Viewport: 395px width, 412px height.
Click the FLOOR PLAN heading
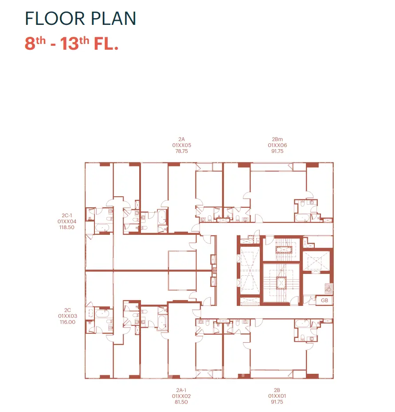click(x=80, y=18)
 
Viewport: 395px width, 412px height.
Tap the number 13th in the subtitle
click(x=75, y=43)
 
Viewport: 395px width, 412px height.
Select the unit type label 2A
click(x=181, y=139)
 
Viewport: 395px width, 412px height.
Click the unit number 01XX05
click(x=182, y=145)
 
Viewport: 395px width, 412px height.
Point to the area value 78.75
click(x=182, y=151)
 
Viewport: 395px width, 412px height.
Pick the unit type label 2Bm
click(x=277, y=139)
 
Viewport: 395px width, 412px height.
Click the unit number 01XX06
click(x=278, y=145)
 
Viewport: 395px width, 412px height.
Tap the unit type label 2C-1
click(x=67, y=215)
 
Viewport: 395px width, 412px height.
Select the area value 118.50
click(x=67, y=227)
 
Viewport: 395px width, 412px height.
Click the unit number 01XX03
click(x=67, y=316)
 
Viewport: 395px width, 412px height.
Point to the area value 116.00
click(x=67, y=322)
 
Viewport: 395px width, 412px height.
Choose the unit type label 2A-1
click(x=181, y=390)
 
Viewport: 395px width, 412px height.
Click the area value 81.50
click(x=181, y=402)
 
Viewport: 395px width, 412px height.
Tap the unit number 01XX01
click(x=277, y=396)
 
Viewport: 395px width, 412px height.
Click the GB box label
click(x=325, y=300)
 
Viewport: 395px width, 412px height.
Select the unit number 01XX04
click(x=67, y=222)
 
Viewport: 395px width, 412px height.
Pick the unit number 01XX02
click(x=181, y=396)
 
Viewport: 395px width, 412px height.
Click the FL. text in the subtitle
click(x=106, y=44)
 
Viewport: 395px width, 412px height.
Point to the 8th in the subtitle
click(x=35, y=43)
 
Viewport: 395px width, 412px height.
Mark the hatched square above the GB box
click(x=329, y=288)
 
